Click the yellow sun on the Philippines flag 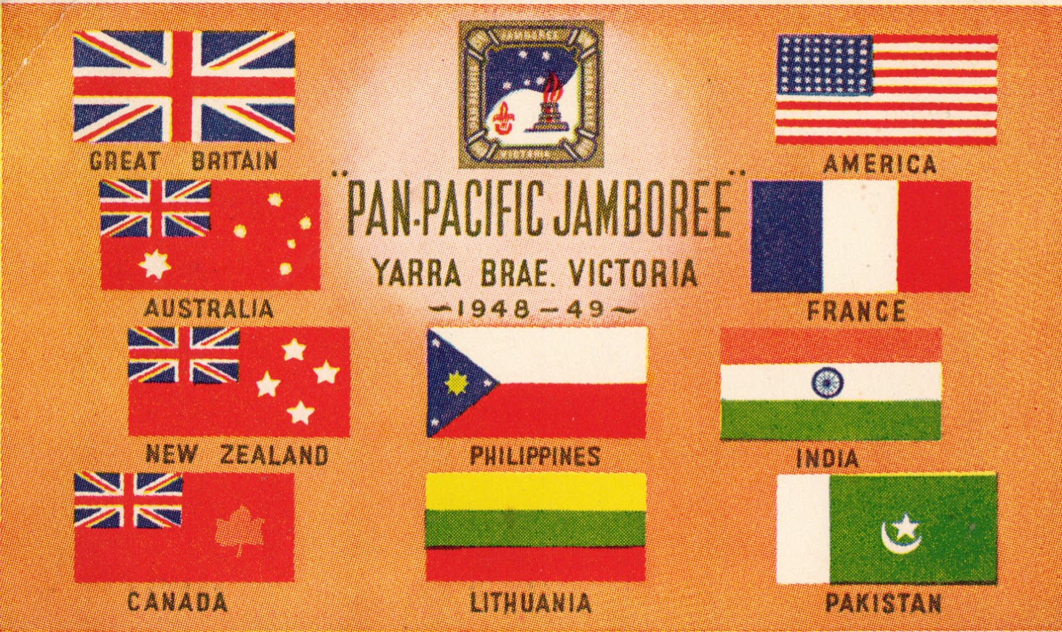click(455, 383)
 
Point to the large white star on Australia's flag click(155, 265)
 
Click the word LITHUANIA click(530, 603)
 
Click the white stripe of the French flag click(861, 237)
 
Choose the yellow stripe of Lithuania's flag click(535, 491)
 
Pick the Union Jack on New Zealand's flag click(183, 355)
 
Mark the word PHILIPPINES click(535, 456)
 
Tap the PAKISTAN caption click(883, 603)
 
